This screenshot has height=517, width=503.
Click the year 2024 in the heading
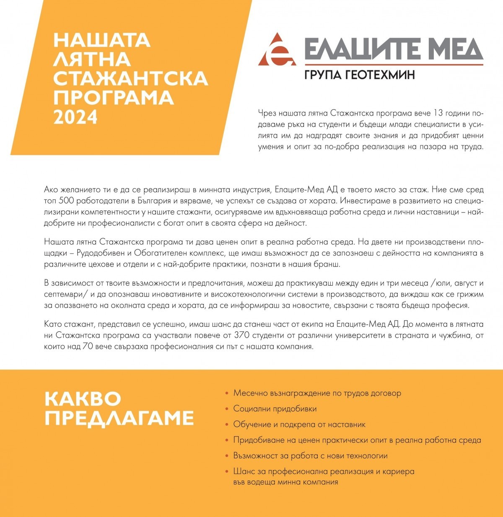click(75, 117)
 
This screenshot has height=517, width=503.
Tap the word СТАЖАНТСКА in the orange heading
click(130, 78)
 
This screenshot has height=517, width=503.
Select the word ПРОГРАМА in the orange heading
click(113, 98)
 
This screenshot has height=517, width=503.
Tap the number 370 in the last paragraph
click(234, 336)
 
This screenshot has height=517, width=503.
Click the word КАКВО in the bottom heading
click(83, 399)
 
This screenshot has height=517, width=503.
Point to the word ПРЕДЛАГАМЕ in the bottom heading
click(119, 418)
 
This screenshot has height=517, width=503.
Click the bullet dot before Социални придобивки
click(227, 409)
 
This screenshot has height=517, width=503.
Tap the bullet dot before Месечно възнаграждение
click(227, 393)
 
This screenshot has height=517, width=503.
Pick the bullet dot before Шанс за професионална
click(227, 471)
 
